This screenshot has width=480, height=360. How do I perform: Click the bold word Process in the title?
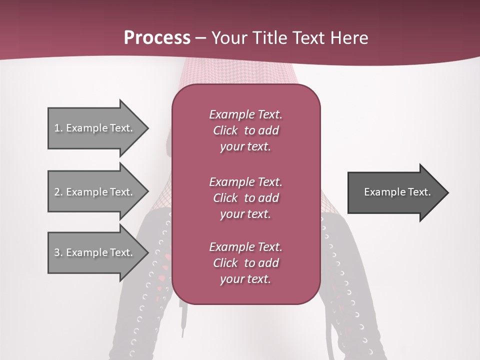[x=157, y=38]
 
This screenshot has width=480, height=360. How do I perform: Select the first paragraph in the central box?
[x=245, y=130]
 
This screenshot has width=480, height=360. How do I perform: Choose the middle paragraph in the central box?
[x=245, y=198]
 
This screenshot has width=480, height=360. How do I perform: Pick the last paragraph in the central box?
[x=245, y=263]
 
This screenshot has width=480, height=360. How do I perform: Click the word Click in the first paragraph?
[x=225, y=130]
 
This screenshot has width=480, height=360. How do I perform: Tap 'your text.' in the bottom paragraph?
[x=245, y=279]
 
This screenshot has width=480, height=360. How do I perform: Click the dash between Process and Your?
[x=200, y=38]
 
